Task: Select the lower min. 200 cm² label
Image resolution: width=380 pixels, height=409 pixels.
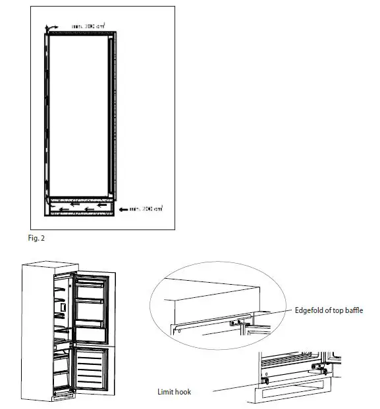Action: (x=145, y=209)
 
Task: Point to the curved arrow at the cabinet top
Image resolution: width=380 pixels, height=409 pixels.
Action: (x=47, y=26)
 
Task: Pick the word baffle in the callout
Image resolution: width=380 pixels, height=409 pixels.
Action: (x=353, y=310)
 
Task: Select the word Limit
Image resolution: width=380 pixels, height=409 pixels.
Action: (x=165, y=391)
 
